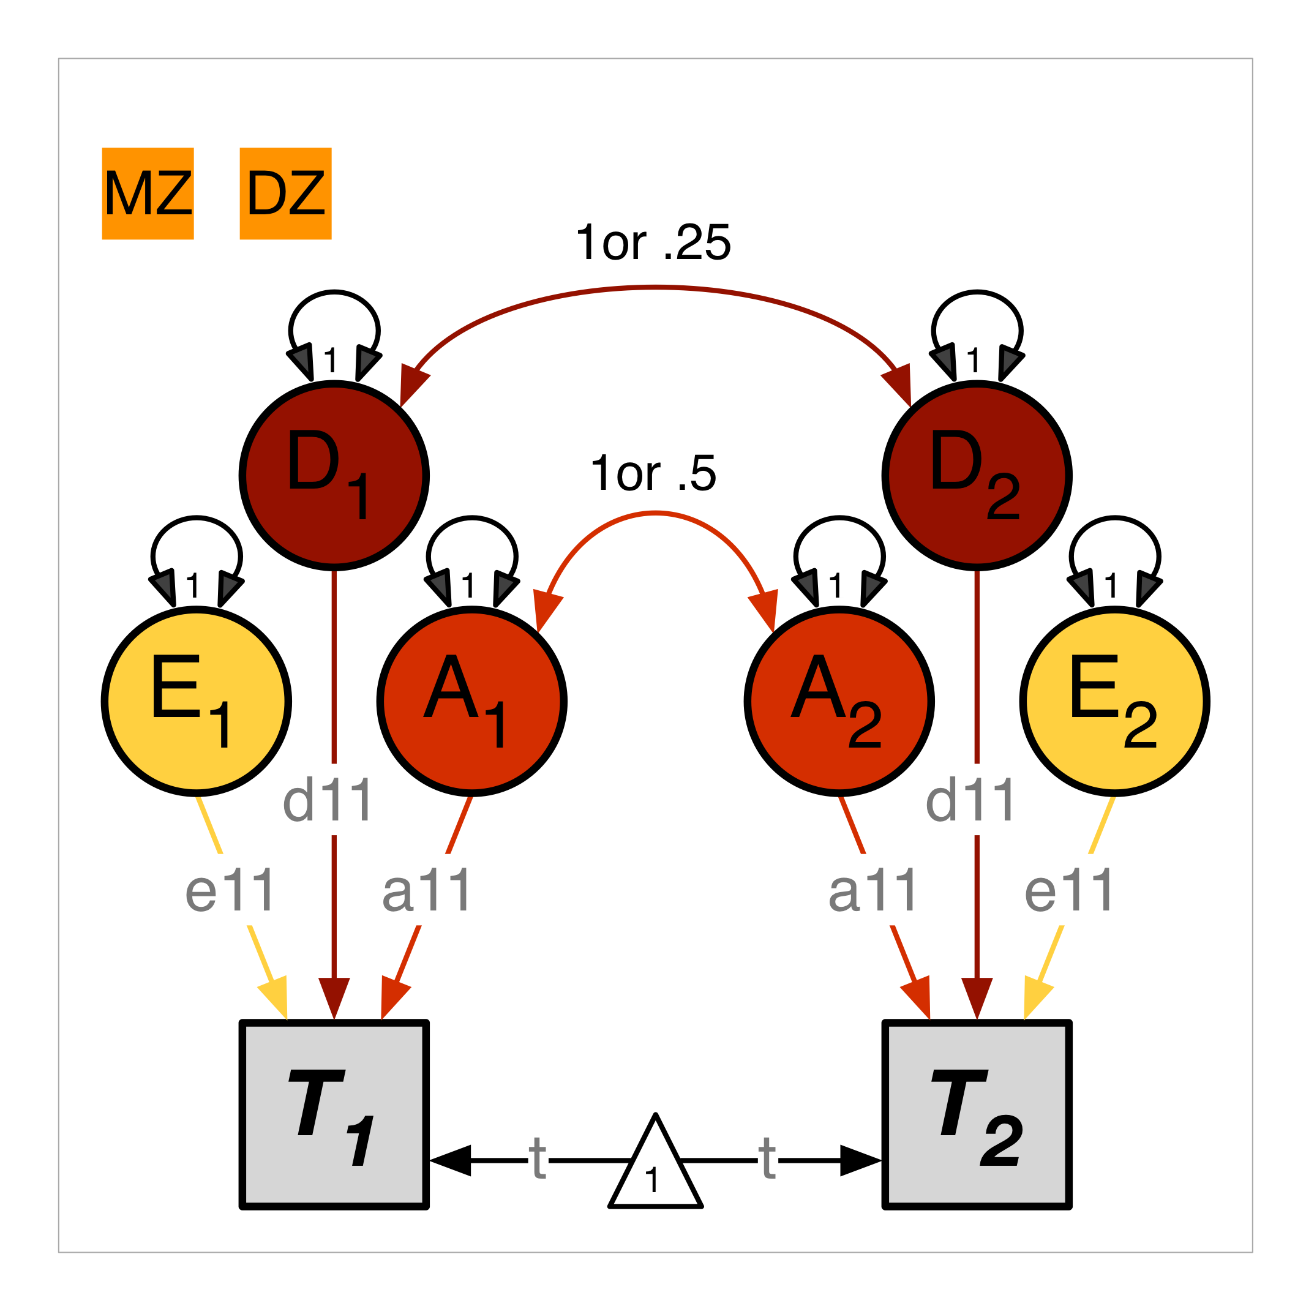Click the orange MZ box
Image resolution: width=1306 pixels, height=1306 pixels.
pos(148,193)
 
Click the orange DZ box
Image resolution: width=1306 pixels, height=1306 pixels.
pos(285,193)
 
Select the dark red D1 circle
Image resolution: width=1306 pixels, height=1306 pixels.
pos(334,475)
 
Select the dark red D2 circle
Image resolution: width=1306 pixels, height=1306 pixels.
pos(977,475)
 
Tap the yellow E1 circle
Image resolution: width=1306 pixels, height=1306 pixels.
pos(196,701)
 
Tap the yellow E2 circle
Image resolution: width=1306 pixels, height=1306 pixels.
pos(1115,701)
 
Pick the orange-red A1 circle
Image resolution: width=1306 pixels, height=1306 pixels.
pos(472,701)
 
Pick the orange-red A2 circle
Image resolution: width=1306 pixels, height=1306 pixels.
pos(839,701)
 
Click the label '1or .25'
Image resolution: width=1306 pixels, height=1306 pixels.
pos(653,242)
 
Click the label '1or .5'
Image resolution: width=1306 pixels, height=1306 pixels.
pos(653,473)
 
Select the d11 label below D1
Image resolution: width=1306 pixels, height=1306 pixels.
pos(327,801)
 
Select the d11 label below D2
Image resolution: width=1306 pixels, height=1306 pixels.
pos(970,801)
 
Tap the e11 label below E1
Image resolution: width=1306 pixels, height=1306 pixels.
pos(230,891)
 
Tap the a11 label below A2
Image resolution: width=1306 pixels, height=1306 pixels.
pos(873,891)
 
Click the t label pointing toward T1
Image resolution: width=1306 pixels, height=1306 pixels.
pos(538,1158)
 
